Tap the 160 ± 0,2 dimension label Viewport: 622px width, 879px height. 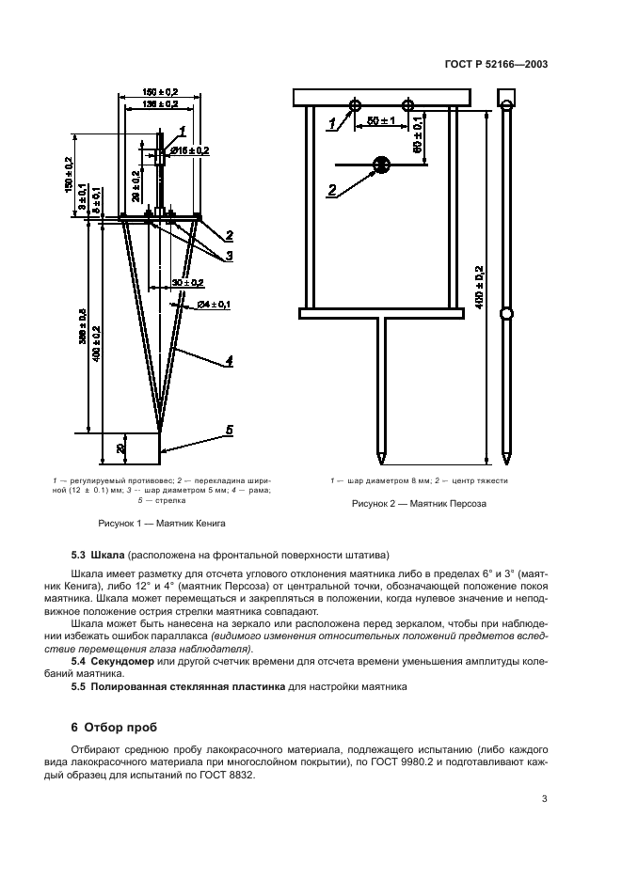point(160,91)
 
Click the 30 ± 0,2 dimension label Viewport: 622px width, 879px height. point(188,282)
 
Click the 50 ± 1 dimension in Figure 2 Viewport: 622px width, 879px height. point(379,121)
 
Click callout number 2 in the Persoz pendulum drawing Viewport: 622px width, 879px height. point(331,191)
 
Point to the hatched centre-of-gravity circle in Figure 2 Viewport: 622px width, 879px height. point(381,165)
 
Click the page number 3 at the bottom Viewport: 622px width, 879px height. point(544,799)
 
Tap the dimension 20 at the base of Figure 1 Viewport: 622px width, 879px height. point(121,447)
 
